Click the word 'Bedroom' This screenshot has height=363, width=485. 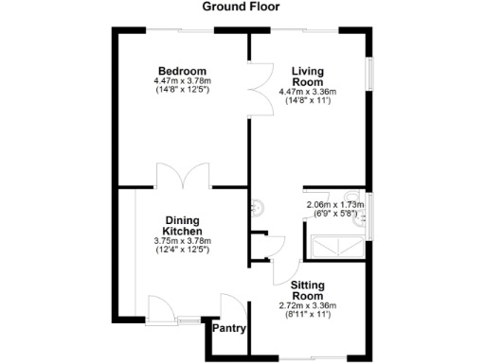(182, 71)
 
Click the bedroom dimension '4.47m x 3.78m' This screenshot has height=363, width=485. (182, 81)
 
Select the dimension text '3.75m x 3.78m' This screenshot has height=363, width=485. (182, 241)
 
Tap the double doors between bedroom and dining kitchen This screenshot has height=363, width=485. (184, 177)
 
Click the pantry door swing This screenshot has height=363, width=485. (230, 307)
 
